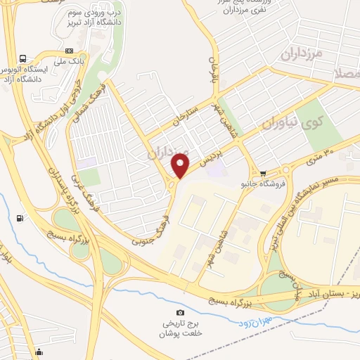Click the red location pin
pyautogui.click(x=181, y=166)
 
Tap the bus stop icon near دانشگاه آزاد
pyautogui.click(x=23, y=59)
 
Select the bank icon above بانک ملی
pyautogui.click(x=70, y=51)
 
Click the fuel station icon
pyautogui.click(x=19, y=218)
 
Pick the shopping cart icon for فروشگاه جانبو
pyautogui.click(x=263, y=173)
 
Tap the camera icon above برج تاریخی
pyautogui.click(x=180, y=312)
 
